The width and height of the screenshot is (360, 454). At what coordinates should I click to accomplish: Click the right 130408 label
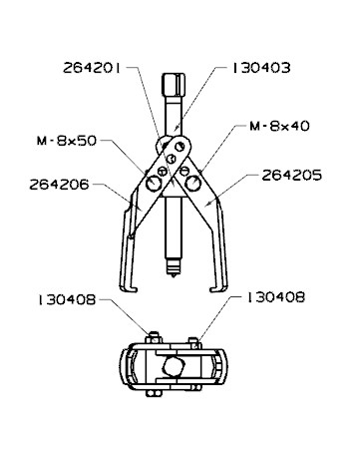click(272, 297)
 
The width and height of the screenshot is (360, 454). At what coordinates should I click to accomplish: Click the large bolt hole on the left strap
click(154, 185)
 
